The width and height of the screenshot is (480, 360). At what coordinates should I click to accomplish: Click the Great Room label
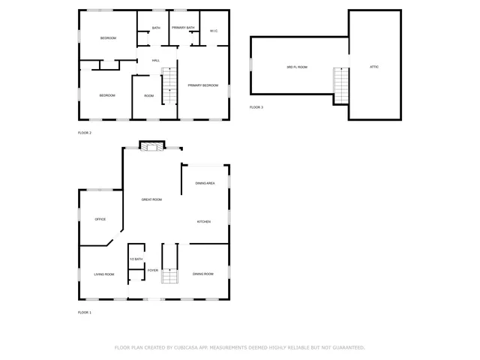[151, 199]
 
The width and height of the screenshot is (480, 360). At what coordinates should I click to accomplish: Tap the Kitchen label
[203, 221]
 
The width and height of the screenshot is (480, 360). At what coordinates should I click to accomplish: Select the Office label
[100, 219]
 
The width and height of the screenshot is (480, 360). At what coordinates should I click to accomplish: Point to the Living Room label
[104, 274]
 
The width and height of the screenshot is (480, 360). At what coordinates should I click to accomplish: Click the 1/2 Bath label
[136, 259]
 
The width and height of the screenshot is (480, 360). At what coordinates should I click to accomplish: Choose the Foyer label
[152, 270]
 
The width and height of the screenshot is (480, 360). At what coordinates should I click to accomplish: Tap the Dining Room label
[203, 274]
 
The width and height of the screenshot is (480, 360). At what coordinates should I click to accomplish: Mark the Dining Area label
[205, 183]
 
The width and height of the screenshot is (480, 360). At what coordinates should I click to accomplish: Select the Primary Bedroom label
[202, 85]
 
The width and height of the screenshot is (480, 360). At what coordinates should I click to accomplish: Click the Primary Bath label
[183, 28]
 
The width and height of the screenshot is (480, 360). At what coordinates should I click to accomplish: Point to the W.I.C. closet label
[214, 31]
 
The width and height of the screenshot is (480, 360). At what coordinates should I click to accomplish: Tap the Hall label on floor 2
[156, 60]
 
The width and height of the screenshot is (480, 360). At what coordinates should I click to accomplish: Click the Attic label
[373, 67]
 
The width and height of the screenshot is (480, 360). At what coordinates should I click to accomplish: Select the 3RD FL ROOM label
[297, 67]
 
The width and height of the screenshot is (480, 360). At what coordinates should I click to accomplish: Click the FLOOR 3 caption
[256, 107]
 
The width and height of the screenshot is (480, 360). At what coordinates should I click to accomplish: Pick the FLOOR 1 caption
[85, 312]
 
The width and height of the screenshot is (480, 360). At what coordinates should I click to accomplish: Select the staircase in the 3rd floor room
[340, 85]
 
